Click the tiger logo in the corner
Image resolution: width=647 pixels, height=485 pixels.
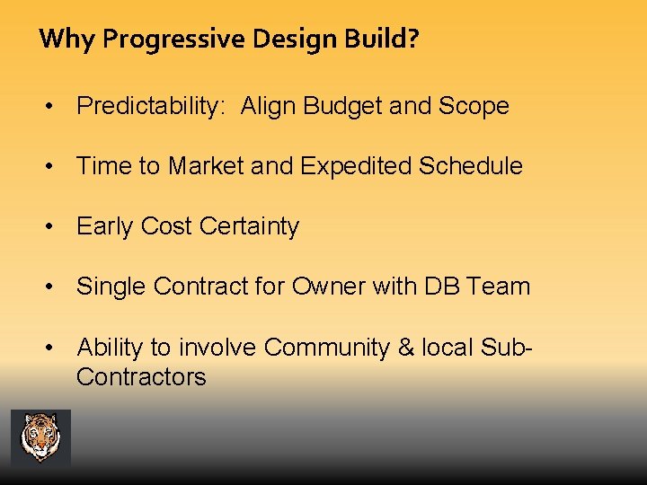pos(40,437)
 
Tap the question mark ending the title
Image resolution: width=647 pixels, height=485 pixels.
pos(412,40)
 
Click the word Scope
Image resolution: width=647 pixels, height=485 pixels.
pos(474,106)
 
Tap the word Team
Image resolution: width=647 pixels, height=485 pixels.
pos(500,287)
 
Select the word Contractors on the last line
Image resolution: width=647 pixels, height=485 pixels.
pos(141,376)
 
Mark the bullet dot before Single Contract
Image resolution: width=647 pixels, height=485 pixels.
pos(56,287)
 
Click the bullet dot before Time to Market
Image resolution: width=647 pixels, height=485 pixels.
pos(56,166)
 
